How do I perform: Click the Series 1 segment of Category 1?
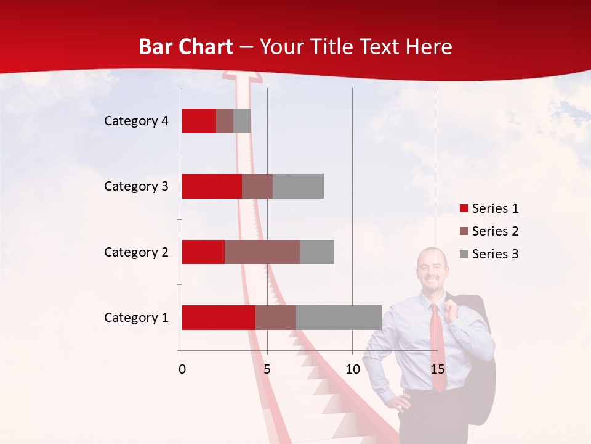pyautogui.click(x=219, y=318)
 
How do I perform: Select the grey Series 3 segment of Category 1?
pyautogui.click(x=339, y=318)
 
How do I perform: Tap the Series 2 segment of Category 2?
pyautogui.click(x=262, y=252)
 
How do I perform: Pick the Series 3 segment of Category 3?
pyautogui.click(x=298, y=186)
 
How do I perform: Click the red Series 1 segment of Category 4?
pyautogui.click(x=199, y=121)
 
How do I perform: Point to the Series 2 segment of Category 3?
pyautogui.click(x=257, y=186)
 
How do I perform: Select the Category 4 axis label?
pyautogui.click(x=136, y=121)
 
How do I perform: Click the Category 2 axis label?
pyautogui.click(x=136, y=252)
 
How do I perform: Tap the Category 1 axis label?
pyautogui.click(x=136, y=318)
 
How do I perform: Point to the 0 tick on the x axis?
pyautogui.click(x=182, y=370)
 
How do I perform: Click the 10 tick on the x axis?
pyautogui.click(x=352, y=370)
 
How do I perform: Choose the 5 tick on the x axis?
pyautogui.click(x=267, y=370)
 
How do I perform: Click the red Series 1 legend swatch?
pyautogui.click(x=464, y=208)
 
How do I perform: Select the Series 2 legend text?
pyautogui.click(x=495, y=231)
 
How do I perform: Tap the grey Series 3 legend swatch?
pyautogui.click(x=464, y=254)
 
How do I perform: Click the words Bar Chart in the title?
pyautogui.click(x=186, y=47)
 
